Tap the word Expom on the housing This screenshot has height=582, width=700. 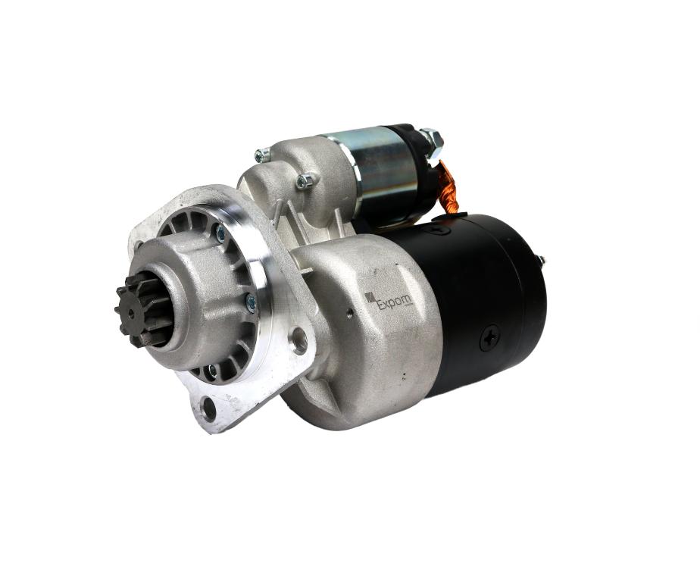[395, 304]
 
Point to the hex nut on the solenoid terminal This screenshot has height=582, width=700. [432, 139]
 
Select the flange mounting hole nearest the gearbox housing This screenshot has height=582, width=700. [299, 340]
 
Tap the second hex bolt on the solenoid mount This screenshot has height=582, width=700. [305, 180]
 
